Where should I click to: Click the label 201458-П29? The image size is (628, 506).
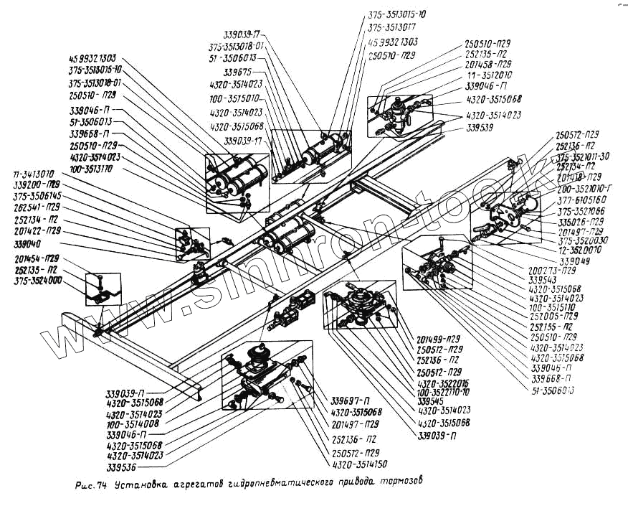(x=489, y=63)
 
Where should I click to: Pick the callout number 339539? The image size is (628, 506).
(x=480, y=127)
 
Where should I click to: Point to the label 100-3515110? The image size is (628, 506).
(x=553, y=305)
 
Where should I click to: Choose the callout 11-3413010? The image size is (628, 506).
(x=33, y=174)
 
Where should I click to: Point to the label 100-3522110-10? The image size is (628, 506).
(x=443, y=392)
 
